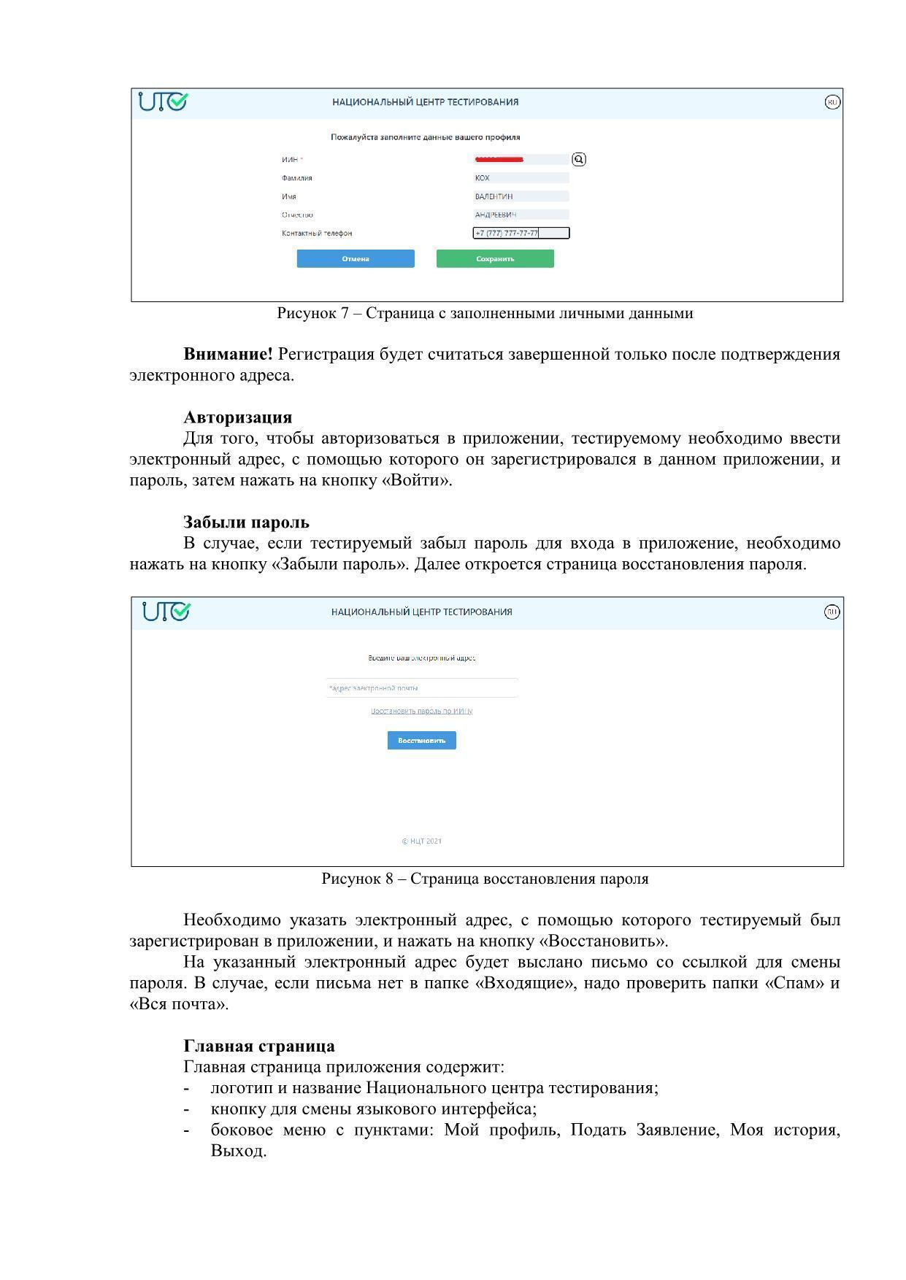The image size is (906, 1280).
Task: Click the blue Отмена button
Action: pyautogui.click(x=356, y=258)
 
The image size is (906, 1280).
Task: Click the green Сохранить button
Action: pyautogui.click(x=495, y=258)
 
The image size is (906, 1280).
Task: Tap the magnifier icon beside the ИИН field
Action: pyautogui.click(x=579, y=159)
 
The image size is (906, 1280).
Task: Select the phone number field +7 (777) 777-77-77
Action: pyautogui.click(x=521, y=234)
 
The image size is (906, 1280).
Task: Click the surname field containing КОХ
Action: pyautogui.click(x=521, y=178)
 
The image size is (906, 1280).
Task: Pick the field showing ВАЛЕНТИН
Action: pyautogui.click(x=521, y=196)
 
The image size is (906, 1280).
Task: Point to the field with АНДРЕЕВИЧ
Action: pyautogui.click(x=521, y=215)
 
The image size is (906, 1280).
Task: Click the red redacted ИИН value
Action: pyautogui.click(x=499, y=159)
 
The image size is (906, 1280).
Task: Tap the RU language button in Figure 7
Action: pyautogui.click(x=832, y=102)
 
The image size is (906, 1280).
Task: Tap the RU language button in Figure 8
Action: pyautogui.click(x=832, y=612)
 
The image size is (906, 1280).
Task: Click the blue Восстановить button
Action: pyautogui.click(x=422, y=741)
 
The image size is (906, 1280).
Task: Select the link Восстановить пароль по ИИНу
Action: pyautogui.click(x=422, y=711)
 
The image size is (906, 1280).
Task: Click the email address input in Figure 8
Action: pyautogui.click(x=422, y=688)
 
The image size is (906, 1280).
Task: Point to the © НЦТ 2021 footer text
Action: pyautogui.click(x=422, y=841)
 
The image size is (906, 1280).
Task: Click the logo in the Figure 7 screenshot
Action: pyautogui.click(x=164, y=101)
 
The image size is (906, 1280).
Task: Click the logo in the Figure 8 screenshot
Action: pyautogui.click(x=166, y=612)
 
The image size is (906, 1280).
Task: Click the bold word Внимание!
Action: pyautogui.click(x=228, y=354)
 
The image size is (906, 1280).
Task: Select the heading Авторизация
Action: pyautogui.click(x=237, y=417)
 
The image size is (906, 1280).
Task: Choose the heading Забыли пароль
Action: pyautogui.click(x=246, y=523)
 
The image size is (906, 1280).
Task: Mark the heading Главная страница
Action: pyautogui.click(x=259, y=1046)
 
